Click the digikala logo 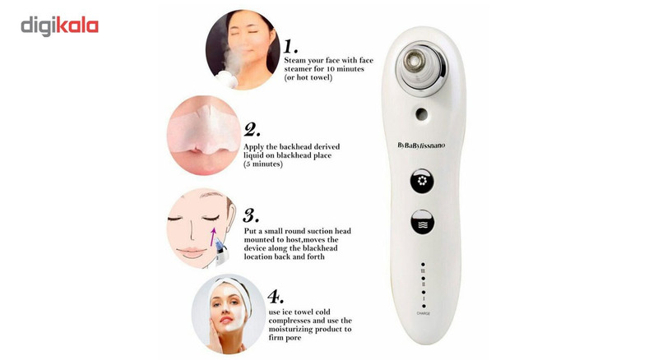(x=59, y=26)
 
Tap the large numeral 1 (x=290, y=46)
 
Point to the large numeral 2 (x=252, y=130)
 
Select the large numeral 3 (x=251, y=215)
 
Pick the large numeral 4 (x=276, y=297)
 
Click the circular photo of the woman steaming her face (x=243, y=49)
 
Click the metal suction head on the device (x=415, y=61)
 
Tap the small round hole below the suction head (x=421, y=113)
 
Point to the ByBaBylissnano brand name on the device (x=421, y=145)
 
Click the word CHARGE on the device (x=423, y=313)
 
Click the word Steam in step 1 (x=295, y=61)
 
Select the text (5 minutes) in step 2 (x=263, y=164)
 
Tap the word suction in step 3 (x=319, y=231)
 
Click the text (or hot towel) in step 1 (x=308, y=77)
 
